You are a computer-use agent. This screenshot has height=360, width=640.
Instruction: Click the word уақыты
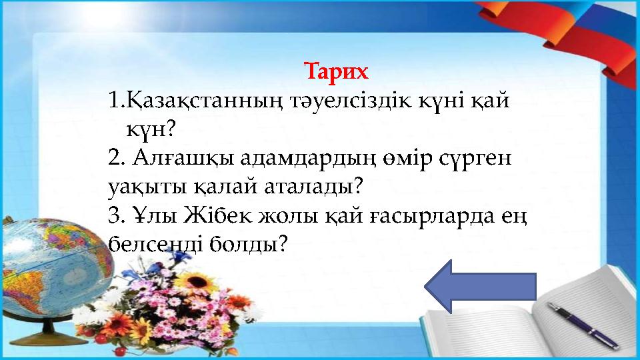(x=141, y=186)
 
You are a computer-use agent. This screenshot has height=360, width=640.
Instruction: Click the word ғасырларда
(x=431, y=216)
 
